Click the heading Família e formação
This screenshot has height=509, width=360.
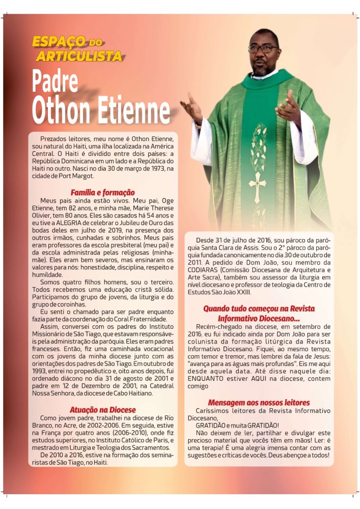(x=102, y=192)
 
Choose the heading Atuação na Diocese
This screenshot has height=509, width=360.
(x=102, y=410)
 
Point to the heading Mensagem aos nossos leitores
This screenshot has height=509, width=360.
(x=259, y=402)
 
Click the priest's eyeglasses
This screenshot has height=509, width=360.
(x=263, y=49)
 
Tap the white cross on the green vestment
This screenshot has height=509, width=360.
(x=258, y=183)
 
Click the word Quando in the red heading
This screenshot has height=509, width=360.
(x=219, y=308)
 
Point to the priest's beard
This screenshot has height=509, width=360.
(x=264, y=68)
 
